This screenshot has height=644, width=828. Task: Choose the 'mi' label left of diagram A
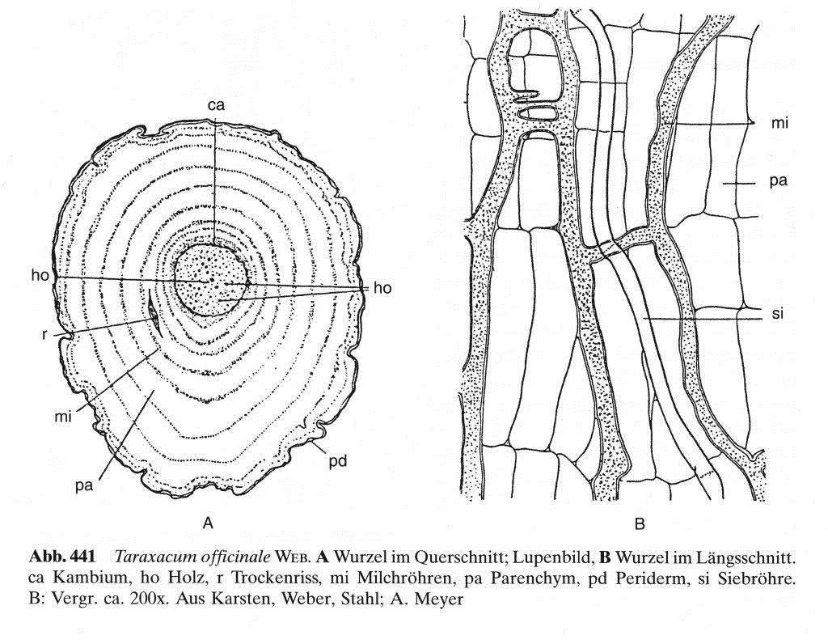pyautogui.click(x=65, y=417)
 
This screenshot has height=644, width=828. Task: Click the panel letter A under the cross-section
pyautogui.click(x=207, y=523)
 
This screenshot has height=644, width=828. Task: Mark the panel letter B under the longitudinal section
pyautogui.click(x=640, y=524)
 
